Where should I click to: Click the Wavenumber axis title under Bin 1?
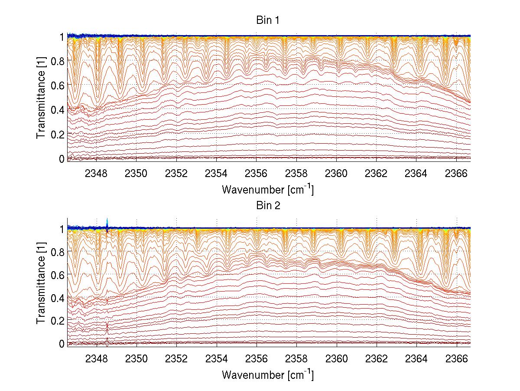267,189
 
